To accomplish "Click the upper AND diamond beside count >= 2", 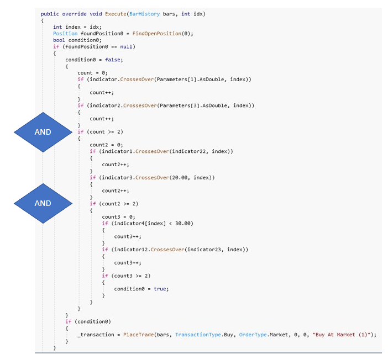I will [43, 132].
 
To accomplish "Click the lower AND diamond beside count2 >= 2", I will [43, 203].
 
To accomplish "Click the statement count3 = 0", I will [119, 216].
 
